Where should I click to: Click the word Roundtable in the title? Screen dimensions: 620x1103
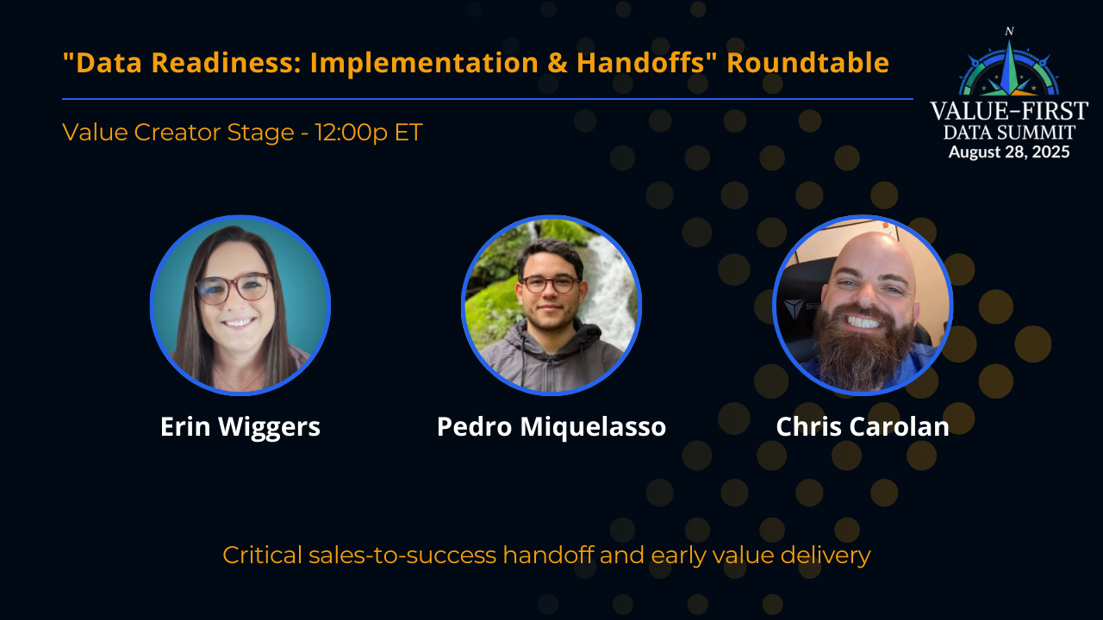point(808,63)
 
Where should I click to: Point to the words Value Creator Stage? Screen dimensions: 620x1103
point(180,133)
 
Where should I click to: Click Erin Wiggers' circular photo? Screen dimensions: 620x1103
point(240,305)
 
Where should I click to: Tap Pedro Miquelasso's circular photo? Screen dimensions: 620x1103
point(551,305)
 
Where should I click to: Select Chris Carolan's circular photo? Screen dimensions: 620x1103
point(863,305)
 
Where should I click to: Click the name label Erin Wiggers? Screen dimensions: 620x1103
point(240,427)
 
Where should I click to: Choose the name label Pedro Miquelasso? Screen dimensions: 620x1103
point(551,427)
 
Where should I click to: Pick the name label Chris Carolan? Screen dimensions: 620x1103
point(863,427)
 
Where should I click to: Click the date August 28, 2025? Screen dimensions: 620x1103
point(1009,152)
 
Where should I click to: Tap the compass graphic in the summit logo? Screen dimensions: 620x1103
point(1009,65)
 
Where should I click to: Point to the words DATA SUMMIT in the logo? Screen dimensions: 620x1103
point(1009,133)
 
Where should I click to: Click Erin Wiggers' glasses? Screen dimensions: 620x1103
point(233,288)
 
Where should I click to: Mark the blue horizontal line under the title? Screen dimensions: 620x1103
point(487,99)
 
